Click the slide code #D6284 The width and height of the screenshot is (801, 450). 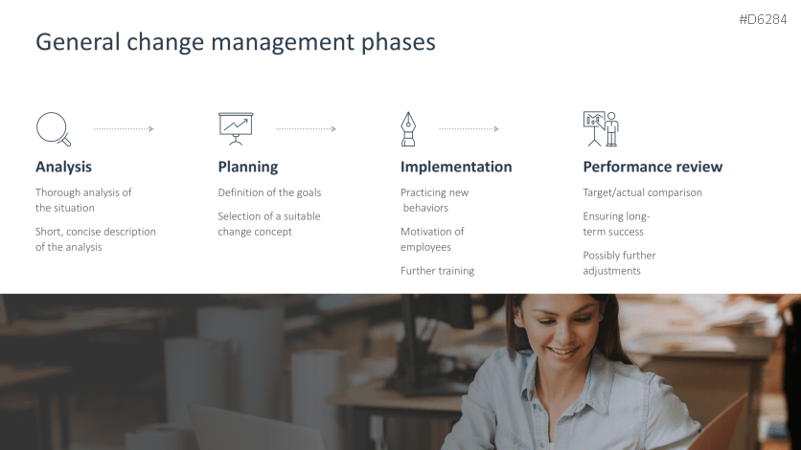coord(763,19)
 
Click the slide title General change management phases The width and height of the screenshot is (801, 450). coord(236,42)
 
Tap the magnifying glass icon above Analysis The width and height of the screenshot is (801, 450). coord(53,129)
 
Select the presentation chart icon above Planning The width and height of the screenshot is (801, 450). coord(236,129)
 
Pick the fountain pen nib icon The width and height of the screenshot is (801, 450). coord(408,129)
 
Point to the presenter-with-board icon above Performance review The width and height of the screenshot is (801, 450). coord(601,129)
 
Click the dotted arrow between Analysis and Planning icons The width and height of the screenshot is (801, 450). coord(124,129)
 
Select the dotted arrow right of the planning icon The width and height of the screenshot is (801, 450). coord(307,129)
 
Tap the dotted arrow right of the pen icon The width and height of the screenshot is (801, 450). coord(469,129)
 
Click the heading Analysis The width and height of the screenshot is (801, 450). coord(64,167)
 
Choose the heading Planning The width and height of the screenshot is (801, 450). coord(248,167)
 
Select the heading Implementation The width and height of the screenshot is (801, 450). coord(456,167)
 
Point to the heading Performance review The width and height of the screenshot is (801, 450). coord(652,167)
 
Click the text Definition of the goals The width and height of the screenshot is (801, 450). coord(269,192)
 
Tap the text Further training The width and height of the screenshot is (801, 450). coord(437,270)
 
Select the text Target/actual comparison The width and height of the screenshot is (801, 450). coord(642,192)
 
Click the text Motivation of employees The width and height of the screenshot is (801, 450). coord(432,238)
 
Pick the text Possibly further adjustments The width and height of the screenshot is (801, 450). coord(619,262)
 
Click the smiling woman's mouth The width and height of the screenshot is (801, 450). coord(562,351)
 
